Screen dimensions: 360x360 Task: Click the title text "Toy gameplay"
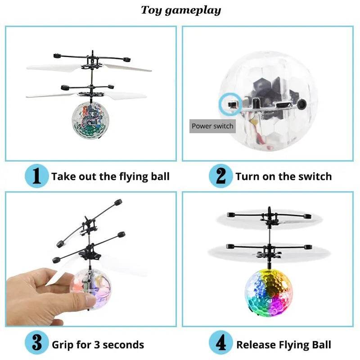click(181, 10)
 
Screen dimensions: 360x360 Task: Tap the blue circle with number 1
click(36, 176)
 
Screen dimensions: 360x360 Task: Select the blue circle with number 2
click(220, 176)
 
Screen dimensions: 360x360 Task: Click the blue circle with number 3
click(36, 345)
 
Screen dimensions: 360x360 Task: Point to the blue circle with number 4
click(221, 345)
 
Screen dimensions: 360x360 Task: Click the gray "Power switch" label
click(212, 126)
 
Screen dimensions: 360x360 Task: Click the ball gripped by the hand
click(88, 288)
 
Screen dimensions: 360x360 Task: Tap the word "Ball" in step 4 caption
click(320, 345)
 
